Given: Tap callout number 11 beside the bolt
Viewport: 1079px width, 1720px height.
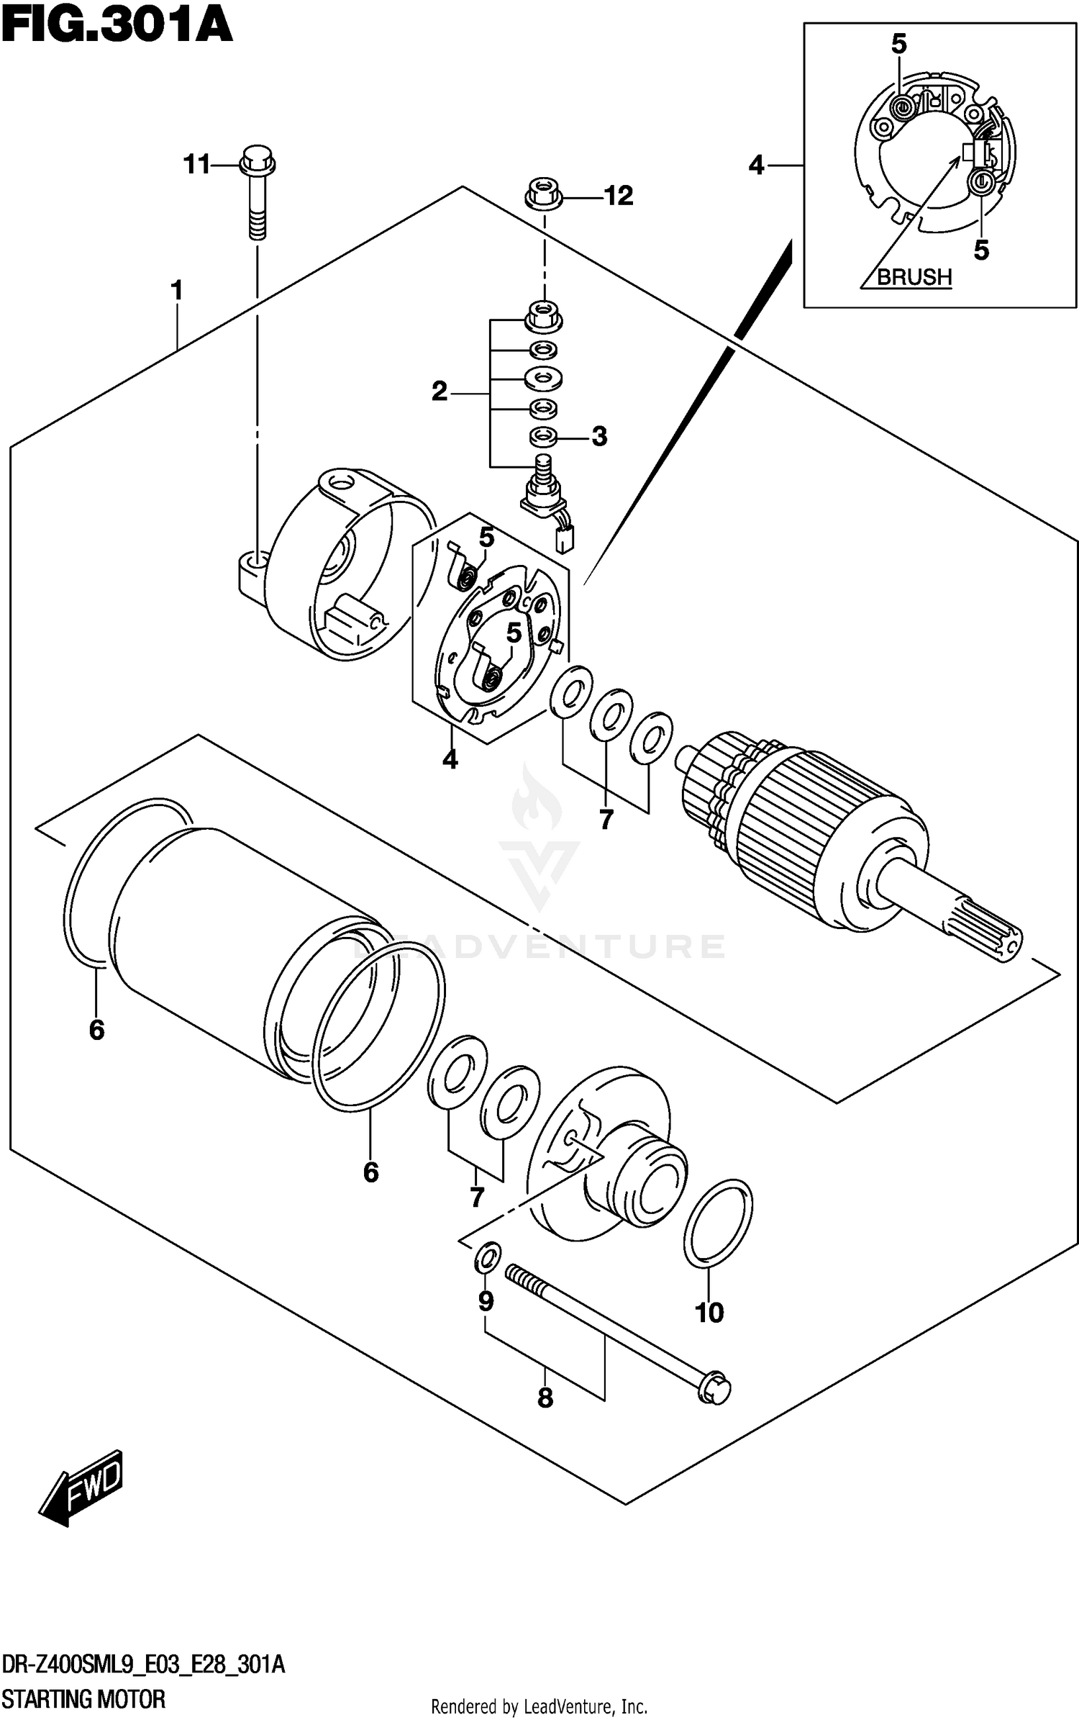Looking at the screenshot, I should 196,165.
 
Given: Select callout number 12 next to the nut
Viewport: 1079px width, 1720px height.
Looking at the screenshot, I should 618,196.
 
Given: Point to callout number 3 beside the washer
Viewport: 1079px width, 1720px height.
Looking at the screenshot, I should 599,436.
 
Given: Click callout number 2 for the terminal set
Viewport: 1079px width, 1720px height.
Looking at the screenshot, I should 440,392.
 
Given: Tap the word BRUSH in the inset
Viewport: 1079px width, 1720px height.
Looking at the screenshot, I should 914,276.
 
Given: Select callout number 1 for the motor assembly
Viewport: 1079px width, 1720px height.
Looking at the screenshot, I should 177,291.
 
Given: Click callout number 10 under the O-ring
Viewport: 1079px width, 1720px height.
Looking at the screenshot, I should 709,1313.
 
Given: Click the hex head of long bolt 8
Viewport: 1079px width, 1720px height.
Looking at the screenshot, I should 714,1390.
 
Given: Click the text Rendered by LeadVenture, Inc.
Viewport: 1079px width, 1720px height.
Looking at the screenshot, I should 539,1706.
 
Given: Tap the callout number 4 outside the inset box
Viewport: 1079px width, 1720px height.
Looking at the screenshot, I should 756,166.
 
